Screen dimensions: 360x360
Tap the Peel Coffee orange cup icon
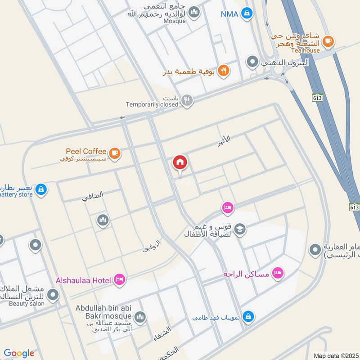click(x=116, y=153)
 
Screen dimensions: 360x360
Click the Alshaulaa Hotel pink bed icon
click(x=120, y=280)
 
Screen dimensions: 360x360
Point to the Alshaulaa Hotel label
click(x=83, y=280)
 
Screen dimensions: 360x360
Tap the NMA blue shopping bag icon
click(x=247, y=13)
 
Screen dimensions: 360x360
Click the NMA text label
click(x=229, y=14)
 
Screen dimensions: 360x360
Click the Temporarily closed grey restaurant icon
click(x=188, y=101)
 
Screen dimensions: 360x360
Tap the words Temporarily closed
click(x=152, y=104)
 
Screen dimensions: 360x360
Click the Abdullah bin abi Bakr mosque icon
click(x=140, y=317)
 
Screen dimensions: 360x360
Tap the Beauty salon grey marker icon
click(x=53, y=295)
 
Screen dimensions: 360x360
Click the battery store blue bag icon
click(x=41, y=189)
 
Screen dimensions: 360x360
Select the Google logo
click(x=19, y=353)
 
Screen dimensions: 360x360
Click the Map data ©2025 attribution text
click(x=335, y=355)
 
